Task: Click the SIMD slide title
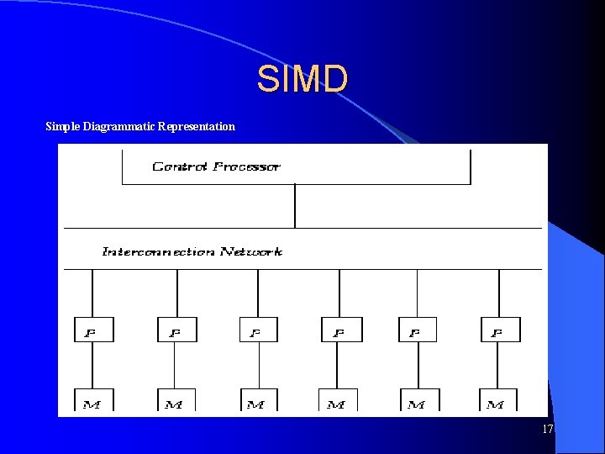(x=302, y=80)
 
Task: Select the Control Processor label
(x=216, y=166)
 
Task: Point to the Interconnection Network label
(x=192, y=251)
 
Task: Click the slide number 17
(x=548, y=430)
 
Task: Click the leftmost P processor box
(x=93, y=330)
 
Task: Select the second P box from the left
(x=176, y=330)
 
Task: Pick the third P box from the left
(x=259, y=330)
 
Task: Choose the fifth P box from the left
(x=417, y=330)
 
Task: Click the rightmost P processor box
(x=500, y=330)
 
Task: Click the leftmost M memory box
(x=93, y=400)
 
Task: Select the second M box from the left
(x=175, y=400)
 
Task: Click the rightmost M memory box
(x=497, y=400)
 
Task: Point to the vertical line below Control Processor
(x=295, y=206)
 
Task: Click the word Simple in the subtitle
(x=62, y=127)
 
